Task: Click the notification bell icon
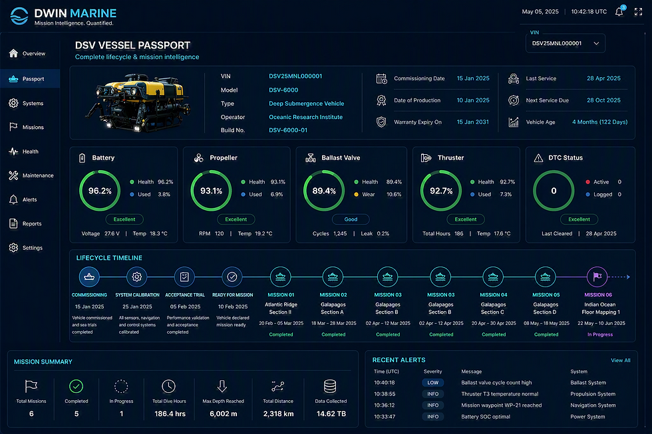point(619,11)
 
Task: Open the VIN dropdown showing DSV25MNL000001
point(565,43)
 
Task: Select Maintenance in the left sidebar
point(31,175)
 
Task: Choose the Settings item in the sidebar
point(26,248)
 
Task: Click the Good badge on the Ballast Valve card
point(351,219)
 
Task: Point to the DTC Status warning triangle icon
point(538,158)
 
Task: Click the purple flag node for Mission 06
point(597,276)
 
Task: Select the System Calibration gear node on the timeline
point(137,276)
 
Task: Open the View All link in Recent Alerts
point(620,360)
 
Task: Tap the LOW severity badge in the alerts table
point(433,383)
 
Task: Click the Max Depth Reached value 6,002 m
point(224,413)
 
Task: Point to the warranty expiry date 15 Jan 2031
point(473,122)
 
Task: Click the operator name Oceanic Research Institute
point(305,117)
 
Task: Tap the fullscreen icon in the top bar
point(638,11)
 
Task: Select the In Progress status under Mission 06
point(600,335)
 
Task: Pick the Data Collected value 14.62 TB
point(331,413)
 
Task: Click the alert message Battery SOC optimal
point(486,417)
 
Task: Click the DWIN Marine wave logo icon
point(19,16)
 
